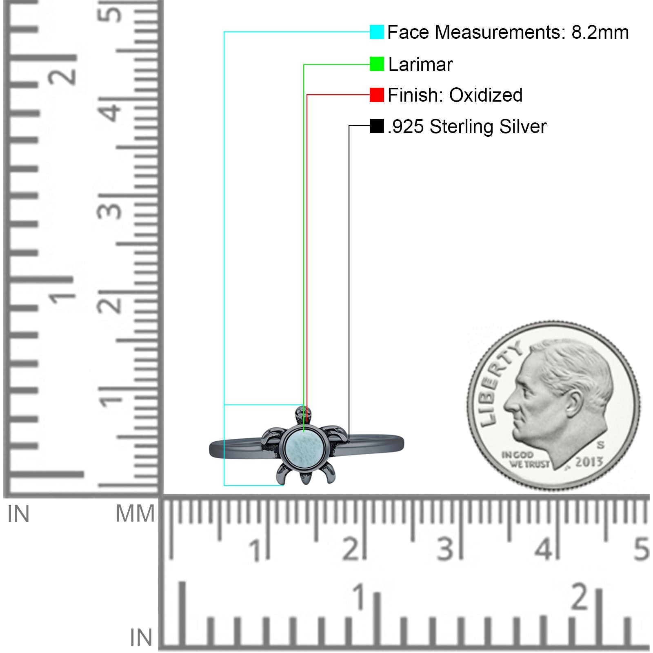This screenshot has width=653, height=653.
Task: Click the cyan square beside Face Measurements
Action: (x=377, y=32)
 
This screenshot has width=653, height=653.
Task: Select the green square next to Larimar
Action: (x=377, y=64)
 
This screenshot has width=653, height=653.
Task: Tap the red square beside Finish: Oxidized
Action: (x=377, y=95)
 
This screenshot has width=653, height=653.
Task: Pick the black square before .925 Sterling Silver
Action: (x=377, y=126)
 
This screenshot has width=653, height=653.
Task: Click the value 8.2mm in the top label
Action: (x=600, y=32)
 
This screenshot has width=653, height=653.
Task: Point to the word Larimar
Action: (x=420, y=64)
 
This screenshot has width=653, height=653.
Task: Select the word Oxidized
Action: (x=486, y=95)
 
